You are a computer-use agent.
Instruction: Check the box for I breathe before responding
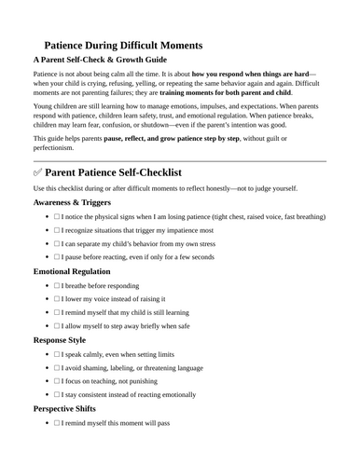point(57,314)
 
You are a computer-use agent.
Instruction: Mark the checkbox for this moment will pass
point(57,452)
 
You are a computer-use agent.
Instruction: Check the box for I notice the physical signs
point(57,244)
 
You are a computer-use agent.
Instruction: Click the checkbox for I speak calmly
point(57,383)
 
